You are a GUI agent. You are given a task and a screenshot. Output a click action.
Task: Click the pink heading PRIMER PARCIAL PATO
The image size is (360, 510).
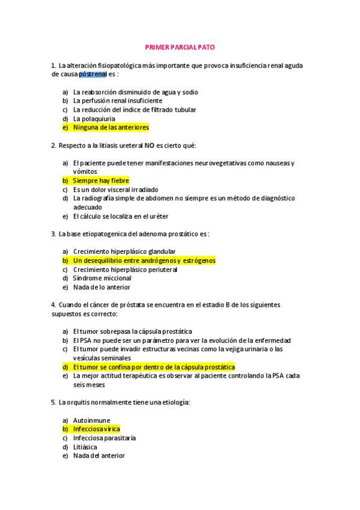pyautogui.click(x=180, y=47)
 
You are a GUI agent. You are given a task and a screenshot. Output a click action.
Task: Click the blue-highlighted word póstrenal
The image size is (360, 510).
pyautogui.click(x=93, y=74)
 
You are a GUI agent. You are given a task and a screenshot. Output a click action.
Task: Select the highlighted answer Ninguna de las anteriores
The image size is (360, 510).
pyautogui.click(x=111, y=127)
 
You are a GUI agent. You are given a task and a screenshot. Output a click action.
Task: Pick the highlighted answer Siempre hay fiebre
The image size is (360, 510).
pyautogui.click(x=100, y=180)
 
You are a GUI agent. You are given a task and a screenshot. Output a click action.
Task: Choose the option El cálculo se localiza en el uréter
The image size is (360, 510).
pyautogui.click(x=120, y=216)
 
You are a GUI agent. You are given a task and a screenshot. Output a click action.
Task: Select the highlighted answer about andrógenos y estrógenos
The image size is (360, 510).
pyautogui.click(x=144, y=260)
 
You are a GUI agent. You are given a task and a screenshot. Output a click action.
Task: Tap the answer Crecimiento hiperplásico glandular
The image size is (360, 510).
pyautogui.click(x=124, y=251)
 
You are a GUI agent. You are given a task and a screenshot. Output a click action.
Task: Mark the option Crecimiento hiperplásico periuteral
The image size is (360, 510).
pyautogui.click(x=125, y=269)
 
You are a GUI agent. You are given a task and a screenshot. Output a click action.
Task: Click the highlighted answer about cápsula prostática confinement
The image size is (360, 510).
pyautogui.click(x=153, y=367)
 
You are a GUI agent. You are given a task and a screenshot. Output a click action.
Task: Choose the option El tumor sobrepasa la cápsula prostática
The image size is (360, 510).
pyautogui.click(x=132, y=331)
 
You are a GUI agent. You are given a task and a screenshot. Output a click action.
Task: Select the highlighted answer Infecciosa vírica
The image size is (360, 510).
pyautogui.click(x=96, y=429)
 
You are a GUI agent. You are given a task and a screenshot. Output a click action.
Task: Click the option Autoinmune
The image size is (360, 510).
pyautogui.click(x=91, y=420)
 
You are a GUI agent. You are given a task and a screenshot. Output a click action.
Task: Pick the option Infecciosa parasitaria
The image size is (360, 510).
pyautogui.click(x=104, y=438)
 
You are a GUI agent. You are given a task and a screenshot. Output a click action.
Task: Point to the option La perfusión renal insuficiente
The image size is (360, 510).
pyautogui.click(x=117, y=101)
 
